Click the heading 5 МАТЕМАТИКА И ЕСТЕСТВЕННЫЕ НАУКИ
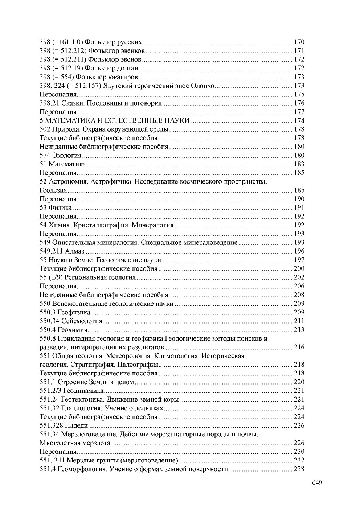pos(114,120)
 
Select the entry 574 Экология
pos(60,155)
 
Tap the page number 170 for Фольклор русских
pos(299,42)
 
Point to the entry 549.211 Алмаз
pos(62,251)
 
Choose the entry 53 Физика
pos(56,207)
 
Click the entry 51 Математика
pos(62,164)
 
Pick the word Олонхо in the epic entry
pos(203,86)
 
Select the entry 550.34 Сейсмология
pos(71,321)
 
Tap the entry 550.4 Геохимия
pos(64,329)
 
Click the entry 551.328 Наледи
pos(64,425)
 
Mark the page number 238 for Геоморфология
pos(299,469)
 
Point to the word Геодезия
pos(53,190)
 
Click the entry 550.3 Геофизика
pos(65,312)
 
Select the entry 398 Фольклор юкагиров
pos(89,77)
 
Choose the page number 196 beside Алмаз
pos(299,251)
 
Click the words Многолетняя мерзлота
pos(75,443)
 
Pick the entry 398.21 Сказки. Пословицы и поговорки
pos(101,103)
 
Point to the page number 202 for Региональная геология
pos(299,277)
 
